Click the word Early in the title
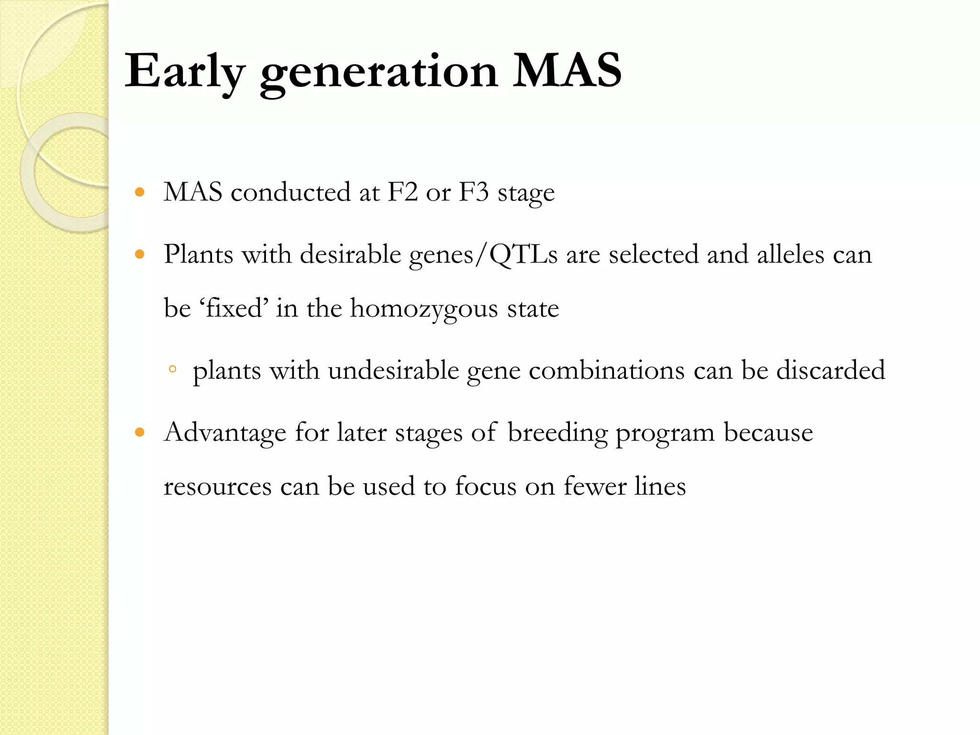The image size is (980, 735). [x=184, y=72]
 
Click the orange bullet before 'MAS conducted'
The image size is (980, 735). [x=140, y=192]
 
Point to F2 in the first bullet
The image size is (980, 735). [x=402, y=192]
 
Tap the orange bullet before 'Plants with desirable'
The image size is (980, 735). [x=140, y=254]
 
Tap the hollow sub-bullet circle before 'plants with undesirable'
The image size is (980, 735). [x=173, y=369]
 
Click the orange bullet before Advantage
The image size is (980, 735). [x=140, y=433]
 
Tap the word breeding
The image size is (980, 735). [x=557, y=433]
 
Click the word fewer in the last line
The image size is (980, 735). [x=595, y=486]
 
